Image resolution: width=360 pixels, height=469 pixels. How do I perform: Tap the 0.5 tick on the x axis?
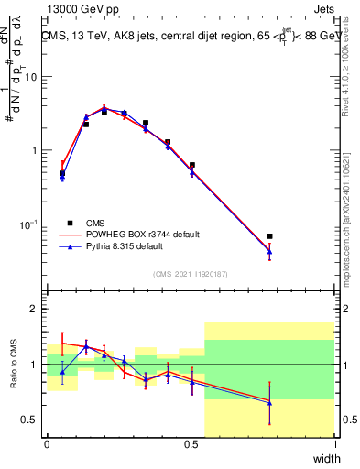pyautogui.click(x=191, y=445)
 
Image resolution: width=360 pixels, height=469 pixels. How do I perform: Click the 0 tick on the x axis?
pyautogui.click(x=47, y=445)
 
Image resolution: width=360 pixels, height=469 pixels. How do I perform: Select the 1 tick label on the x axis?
pyautogui.click(x=334, y=445)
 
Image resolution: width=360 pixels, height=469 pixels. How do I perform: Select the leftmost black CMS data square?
pyautogui.click(x=62, y=173)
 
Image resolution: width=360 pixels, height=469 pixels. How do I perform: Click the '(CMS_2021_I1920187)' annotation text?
pyautogui.click(x=191, y=273)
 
